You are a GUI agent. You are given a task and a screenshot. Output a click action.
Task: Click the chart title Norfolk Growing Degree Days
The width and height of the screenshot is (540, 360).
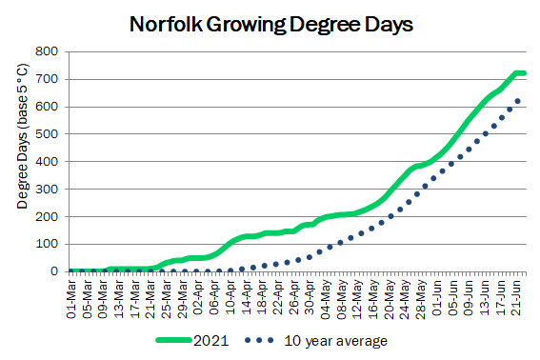(x=271, y=25)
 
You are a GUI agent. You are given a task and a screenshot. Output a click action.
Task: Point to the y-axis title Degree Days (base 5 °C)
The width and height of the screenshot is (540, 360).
(x=22, y=136)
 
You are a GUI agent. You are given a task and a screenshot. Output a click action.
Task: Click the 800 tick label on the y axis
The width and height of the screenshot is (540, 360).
(x=47, y=51)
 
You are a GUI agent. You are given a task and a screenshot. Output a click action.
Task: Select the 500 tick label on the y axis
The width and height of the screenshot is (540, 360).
(x=47, y=134)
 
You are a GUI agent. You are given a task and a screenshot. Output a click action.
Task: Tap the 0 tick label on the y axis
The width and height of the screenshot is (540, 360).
(x=54, y=271)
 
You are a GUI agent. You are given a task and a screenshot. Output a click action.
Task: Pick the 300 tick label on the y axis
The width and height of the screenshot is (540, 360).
(x=47, y=190)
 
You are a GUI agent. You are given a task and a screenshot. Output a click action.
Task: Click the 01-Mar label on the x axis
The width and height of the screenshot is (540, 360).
(x=71, y=299)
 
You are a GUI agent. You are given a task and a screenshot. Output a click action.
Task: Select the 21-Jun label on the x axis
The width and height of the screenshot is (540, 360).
(x=516, y=298)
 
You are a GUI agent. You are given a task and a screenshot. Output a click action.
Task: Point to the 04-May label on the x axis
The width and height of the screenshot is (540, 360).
(x=326, y=299)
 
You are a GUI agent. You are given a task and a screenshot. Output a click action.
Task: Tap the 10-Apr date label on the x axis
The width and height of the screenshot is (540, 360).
(x=230, y=297)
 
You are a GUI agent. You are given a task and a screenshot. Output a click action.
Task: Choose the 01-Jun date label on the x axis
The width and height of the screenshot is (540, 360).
(x=437, y=298)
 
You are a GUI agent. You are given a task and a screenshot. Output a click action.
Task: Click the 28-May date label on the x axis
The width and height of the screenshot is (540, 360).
(x=421, y=299)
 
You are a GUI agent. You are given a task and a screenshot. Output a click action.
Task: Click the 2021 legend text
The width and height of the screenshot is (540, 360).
(x=211, y=341)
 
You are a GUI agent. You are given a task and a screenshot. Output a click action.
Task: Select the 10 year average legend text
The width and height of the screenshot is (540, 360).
(x=336, y=341)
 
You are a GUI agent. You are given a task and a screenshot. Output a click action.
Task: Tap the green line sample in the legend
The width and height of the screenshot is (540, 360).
(x=174, y=340)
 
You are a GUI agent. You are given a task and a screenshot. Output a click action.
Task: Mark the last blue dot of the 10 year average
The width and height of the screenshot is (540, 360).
(x=517, y=101)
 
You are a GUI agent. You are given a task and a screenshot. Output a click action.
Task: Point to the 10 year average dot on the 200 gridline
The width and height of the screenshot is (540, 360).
(x=390, y=216)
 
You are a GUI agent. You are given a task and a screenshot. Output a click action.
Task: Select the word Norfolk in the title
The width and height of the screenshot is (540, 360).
(x=166, y=25)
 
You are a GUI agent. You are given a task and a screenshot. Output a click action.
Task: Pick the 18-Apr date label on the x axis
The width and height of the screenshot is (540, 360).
(x=262, y=297)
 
